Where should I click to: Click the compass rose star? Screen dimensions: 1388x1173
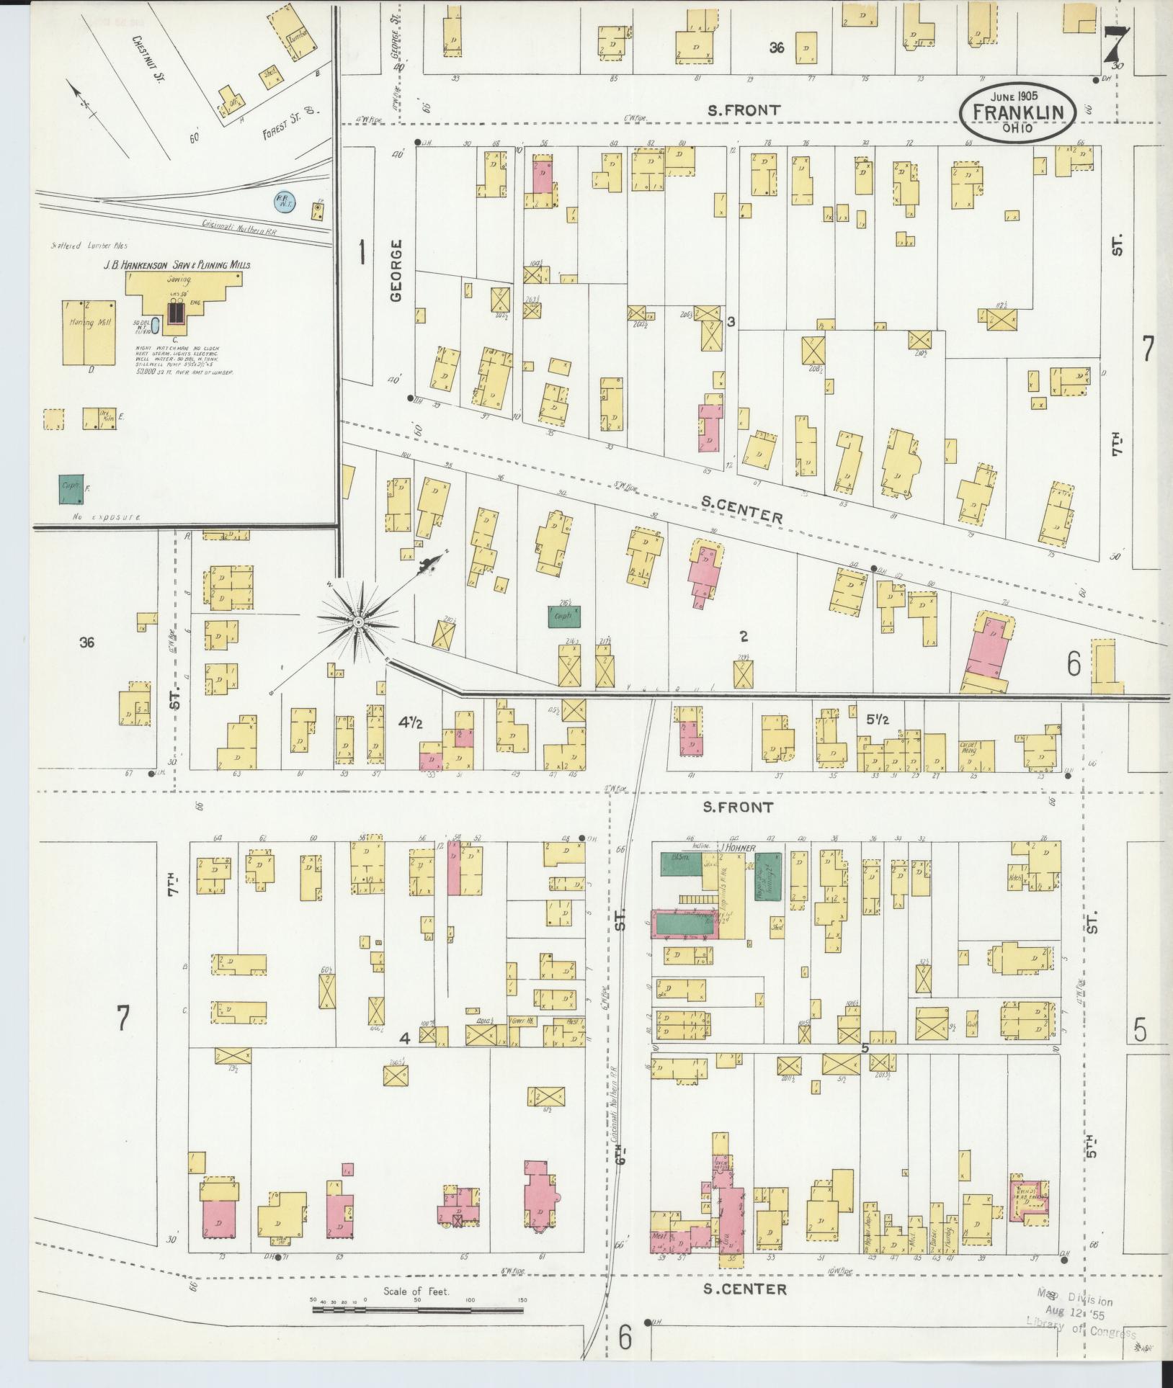(x=357, y=620)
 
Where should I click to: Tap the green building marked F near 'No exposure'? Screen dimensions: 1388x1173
(x=71, y=489)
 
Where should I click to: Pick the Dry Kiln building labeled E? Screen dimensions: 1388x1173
(x=99, y=418)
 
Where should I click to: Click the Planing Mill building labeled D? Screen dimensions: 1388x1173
(x=89, y=332)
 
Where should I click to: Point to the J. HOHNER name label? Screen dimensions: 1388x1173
(x=736, y=849)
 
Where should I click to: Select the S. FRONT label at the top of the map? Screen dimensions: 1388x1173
(x=743, y=110)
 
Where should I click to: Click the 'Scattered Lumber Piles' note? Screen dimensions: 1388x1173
(x=79, y=246)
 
